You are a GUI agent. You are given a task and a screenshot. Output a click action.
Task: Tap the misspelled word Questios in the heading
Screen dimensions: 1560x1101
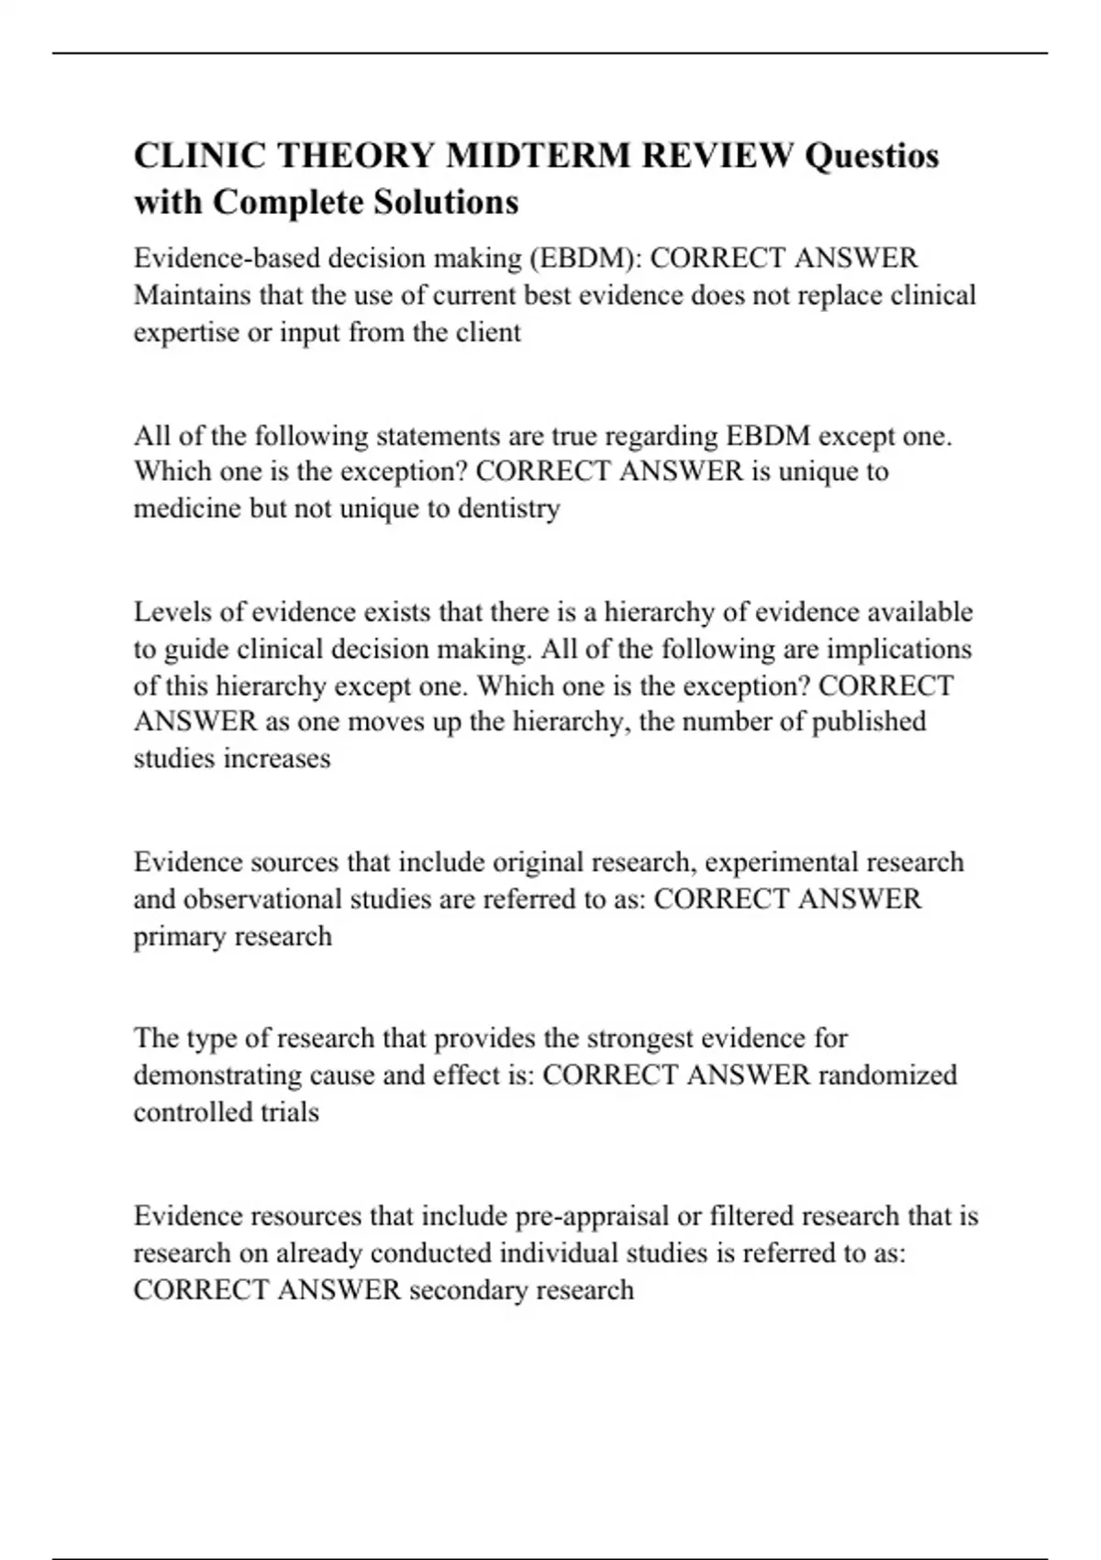pos(872,156)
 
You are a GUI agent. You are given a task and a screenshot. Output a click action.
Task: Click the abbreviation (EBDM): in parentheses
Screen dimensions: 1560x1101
pos(585,258)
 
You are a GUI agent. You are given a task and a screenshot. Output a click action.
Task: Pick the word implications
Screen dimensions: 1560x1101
pos(899,649)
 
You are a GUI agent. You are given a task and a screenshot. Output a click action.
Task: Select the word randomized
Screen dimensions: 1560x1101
pos(887,1075)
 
